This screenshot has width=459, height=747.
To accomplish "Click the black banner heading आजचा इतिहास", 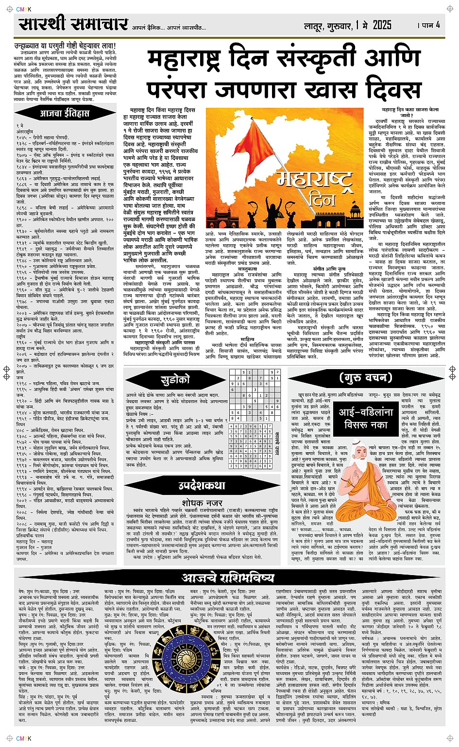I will point(65,114).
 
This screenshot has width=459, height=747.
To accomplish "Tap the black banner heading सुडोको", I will point(175,380).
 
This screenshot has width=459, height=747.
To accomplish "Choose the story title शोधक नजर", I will point(202,503).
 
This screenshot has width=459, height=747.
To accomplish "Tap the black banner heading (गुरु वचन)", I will point(365,378).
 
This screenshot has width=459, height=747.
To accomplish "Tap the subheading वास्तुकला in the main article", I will point(247,268).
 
